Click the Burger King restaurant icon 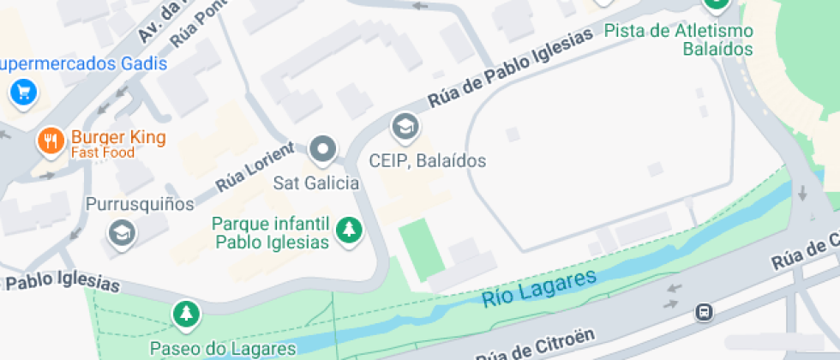pyautogui.click(x=51, y=141)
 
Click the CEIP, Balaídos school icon pyautogui.click(x=404, y=128)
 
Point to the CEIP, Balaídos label pyautogui.click(x=427, y=160)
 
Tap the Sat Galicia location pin pyautogui.click(x=323, y=150)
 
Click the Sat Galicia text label pyautogui.click(x=315, y=183)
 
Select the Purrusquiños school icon pyautogui.click(x=122, y=232)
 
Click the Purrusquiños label pyautogui.click(x=140, y=204)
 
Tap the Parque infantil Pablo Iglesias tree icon pyautogui.click(x=348, y=230)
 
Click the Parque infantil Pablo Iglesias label pyautogui.click(x=272, y=232)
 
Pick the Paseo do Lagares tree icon pyautogui.click(x=185, y=314)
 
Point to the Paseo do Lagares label pyautogui.click(x=222, y=348)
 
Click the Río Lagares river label pyautogui.click(x=538, y=288)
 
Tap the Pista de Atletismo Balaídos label pyautogui.click(x=678, y=40)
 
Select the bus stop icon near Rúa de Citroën pyautogui.click(x=704, y=312)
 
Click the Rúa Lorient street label pyautogui.click(x=255, y=168)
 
